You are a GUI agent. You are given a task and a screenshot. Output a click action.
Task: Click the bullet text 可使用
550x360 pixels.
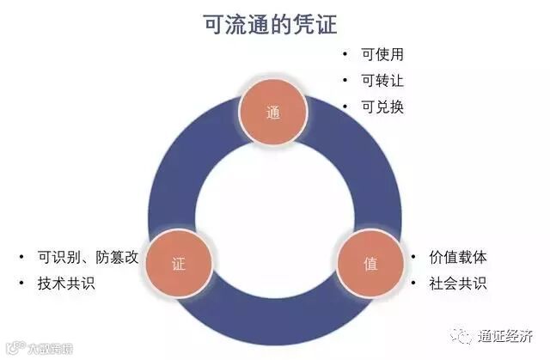(x=383, y=54)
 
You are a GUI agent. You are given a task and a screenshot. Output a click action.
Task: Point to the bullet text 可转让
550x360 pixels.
(x=383, y=81)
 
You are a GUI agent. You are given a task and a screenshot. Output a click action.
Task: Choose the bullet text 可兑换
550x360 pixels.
(x=383, y=107)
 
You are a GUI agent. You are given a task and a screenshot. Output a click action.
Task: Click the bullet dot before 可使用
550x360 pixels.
(x=345, y=54)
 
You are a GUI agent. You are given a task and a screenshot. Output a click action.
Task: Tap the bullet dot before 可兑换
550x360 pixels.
(x=345, y=107)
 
